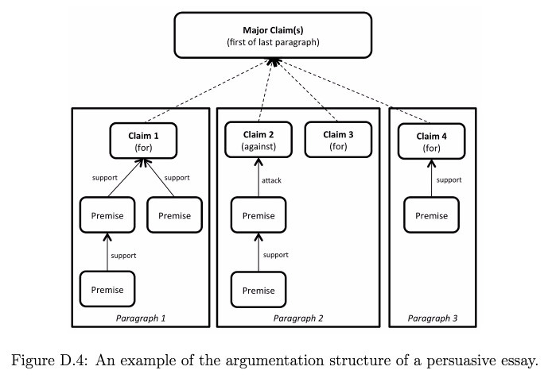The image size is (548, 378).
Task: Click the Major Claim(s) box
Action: click(273, 35)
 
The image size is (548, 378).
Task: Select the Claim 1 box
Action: click(143, 141)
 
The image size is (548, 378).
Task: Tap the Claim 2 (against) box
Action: click(258, 140)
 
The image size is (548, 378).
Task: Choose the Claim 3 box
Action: click(338, 140)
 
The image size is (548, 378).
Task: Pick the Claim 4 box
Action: click(432, 141)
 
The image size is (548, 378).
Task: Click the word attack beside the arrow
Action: click(271, 180)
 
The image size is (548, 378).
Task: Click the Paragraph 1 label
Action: click(141, 318)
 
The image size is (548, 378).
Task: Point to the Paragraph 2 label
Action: click(298, 318)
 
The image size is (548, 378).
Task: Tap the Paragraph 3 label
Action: click(433, 318)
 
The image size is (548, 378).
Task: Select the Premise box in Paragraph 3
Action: click(432, 215)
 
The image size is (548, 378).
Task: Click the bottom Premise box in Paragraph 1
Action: click(107, 289)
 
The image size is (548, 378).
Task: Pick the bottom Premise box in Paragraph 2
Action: click(258, 290)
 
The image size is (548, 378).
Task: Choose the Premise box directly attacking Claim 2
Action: click(258, 215)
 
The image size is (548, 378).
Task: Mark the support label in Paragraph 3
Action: click(449, 180)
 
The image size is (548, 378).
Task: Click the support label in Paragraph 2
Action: click(276, 255)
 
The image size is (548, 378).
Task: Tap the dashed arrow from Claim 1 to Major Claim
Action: click(208, 92)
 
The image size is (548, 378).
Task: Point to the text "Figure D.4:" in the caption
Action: click(49, 361)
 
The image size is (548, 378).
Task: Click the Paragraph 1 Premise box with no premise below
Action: click(175, 215)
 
